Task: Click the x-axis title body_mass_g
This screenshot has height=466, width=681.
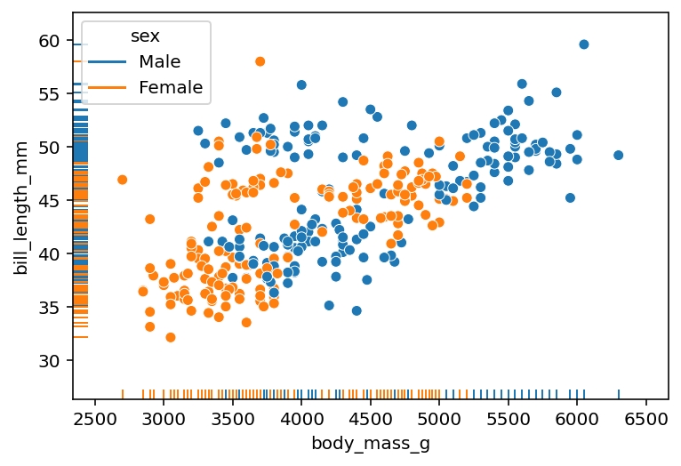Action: [x=371, y=444]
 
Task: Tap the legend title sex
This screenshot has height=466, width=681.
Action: [x=146, y=36]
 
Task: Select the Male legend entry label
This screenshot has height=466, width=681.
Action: [x=160, y=61]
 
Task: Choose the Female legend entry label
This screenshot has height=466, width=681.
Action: [x=171, y=87]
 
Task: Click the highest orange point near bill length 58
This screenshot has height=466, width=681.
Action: [x=260, y=61]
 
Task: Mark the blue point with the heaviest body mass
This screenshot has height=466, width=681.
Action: [x=619, y=155]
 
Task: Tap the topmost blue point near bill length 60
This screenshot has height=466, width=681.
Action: [x=584, y=44]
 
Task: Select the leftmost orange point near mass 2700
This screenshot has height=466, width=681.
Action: [x=123, y=180]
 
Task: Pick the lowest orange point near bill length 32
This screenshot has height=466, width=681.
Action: [x=171, y=337]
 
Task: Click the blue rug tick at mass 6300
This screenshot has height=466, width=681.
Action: [x=619, y=394]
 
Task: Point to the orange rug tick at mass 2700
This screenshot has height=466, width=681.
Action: [x=123, y=394]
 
